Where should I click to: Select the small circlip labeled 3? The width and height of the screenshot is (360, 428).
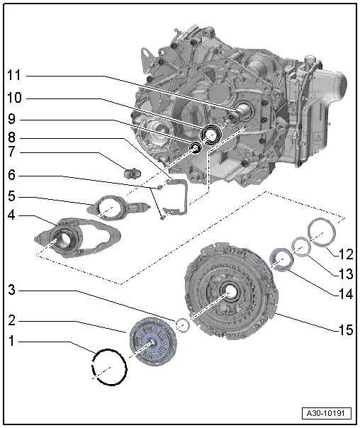(x=182, y=325)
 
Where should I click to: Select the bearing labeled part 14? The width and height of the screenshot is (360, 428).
(x=281, y=259)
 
